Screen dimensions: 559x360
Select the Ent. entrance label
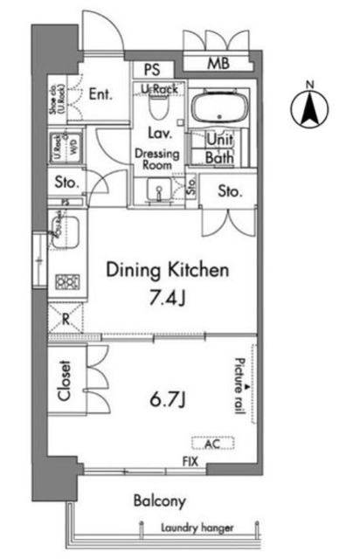pos(102,94)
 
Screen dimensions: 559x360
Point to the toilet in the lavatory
pos(158,107)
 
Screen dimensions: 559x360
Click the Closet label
pos(64,382)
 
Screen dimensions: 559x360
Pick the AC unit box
pos(212,442)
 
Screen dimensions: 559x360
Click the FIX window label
pos(189,460)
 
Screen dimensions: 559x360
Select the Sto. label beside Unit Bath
pos(229,191)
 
